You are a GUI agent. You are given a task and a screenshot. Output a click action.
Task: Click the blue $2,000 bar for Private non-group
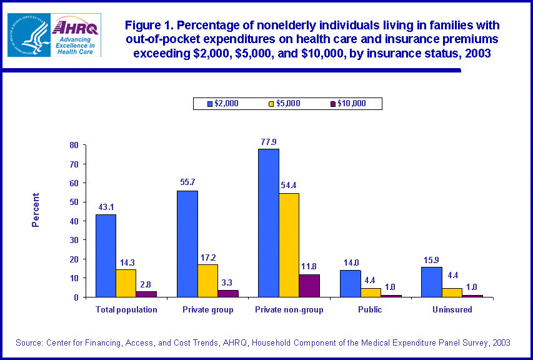click(269, 222)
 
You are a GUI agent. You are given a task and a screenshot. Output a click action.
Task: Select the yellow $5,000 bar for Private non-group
click(289, 245)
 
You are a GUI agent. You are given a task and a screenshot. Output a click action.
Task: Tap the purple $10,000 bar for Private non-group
click(309, 286)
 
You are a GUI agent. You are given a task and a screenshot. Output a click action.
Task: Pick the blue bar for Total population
click(106, 256)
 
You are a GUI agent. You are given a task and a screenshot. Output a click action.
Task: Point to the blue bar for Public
click(350, 284)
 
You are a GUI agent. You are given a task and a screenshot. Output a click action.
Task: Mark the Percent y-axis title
click(36, 209)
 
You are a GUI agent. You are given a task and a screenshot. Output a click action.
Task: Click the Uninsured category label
click(451, 309)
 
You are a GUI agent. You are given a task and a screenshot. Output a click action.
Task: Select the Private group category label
click(208, 309)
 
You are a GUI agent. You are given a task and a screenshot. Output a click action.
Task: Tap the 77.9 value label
click(269, 142)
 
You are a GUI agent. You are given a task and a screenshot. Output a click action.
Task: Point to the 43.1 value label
click(106, 207)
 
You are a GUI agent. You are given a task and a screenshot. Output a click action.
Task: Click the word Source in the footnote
click(29, 342)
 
